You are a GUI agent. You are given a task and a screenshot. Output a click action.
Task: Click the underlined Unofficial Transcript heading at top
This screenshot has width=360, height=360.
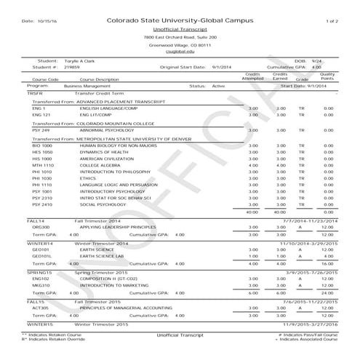tap(180, 29)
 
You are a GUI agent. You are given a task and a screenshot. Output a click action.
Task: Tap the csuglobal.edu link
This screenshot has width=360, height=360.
tap(180, 52)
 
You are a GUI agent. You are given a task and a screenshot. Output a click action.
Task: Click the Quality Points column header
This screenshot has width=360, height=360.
tap(327, 76)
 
